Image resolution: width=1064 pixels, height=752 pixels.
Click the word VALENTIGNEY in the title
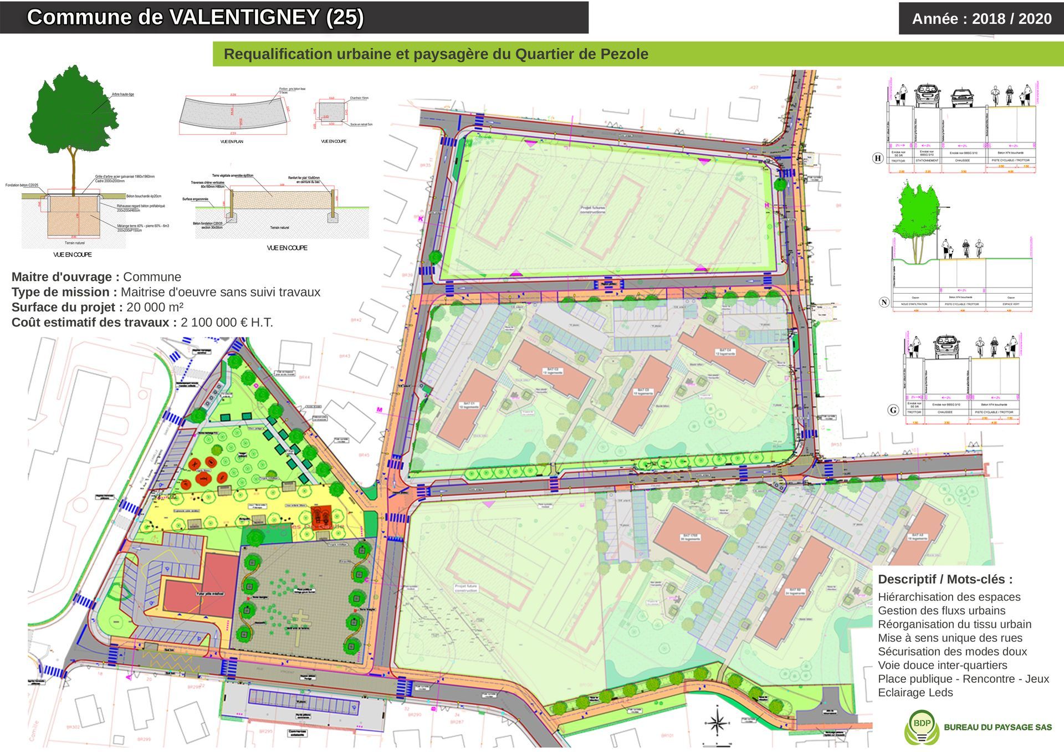click(x=244, y=17)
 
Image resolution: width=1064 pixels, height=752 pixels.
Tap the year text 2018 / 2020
click(x=1011, y=19)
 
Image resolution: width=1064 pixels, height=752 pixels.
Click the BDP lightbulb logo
click(x=922, y=727)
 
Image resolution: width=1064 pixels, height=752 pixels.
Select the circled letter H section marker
click(x=878, y=158)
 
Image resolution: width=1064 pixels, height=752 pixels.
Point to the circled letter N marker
click(x=884, y=302)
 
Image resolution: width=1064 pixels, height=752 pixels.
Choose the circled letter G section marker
click(x=893, y=410)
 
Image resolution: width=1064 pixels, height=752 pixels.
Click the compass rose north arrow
click(x=717, y=723)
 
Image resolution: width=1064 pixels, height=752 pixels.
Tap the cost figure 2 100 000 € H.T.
click(x=227, y=323)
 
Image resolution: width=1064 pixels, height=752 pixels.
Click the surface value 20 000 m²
click(x=155, y=308)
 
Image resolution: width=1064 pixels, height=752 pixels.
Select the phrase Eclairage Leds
click(x=915, y=693)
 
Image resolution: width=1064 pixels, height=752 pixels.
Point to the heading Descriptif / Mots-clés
click(x=945, y=580)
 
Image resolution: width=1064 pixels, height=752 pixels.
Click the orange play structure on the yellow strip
click(x=320, y=517)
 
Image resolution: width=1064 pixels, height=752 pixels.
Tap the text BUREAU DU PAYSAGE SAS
click(x=997, y=727)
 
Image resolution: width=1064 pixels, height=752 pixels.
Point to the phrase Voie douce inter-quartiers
click(x=942, y=666)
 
